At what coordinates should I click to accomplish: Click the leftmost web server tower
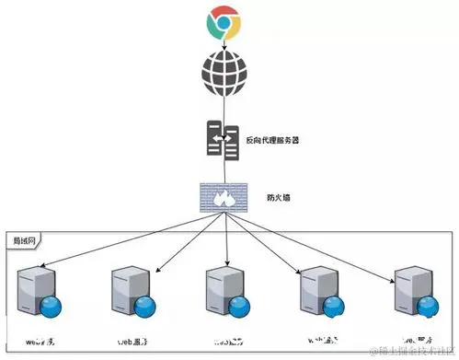pos(36,285)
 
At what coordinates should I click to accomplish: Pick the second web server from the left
pos(129,285)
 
